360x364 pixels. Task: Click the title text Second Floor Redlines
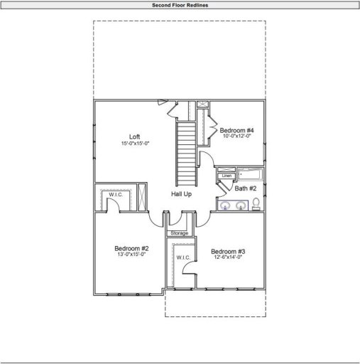point(180,5)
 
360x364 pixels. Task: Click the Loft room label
point(134,136)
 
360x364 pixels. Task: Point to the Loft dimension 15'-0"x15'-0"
point(134,144)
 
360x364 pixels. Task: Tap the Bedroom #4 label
point(236,130)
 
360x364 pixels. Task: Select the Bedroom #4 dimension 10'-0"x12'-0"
point(236,136)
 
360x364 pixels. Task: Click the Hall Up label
point(181,193)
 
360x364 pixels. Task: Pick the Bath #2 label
point(246,188)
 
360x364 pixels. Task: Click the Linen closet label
point(227,175)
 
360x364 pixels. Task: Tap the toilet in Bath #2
point(256,205)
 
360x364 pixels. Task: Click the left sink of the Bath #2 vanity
point(226,206)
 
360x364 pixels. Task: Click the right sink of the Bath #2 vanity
point(241,206)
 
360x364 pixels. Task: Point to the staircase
point(185,151)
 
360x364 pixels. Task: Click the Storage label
point(180,233)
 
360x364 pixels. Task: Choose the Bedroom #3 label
point(228,252)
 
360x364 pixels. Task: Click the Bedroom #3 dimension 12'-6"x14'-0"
point(228,258)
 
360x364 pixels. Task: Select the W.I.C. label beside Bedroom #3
point(181,257)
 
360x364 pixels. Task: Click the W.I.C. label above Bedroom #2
point(116,194)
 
